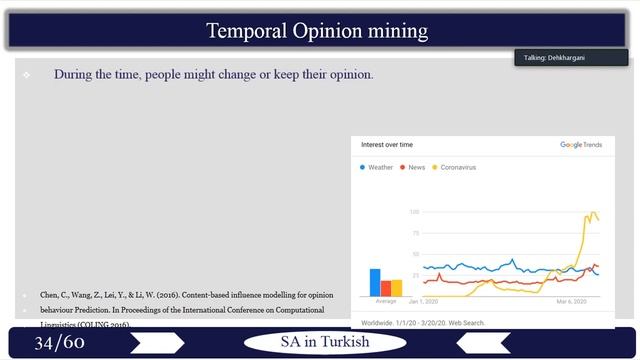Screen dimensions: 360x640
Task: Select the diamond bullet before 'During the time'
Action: pyautogui.click(x=26, y=75)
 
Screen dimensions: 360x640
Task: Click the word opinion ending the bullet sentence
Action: pyautogui.click(x=349, y=74)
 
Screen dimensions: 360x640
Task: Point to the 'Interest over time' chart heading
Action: pyautogui.click(x=386, y=145)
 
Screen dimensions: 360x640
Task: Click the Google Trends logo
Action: pyautogui.click(x=580, y=145)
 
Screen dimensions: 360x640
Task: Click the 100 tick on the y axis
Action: pyautogui.click(x=414, y=212)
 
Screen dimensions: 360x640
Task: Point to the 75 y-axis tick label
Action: pyautogui.click(x=415, y=233)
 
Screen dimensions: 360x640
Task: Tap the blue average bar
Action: pyautogui.click(x=375, y=282)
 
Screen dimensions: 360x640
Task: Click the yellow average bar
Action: pyautogui.click(x=396, y=287)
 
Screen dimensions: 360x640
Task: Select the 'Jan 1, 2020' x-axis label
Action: pyautogui.click(x=425, y=301)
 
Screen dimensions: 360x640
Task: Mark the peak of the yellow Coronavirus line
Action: pyautogui.click(x=590, y=212)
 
